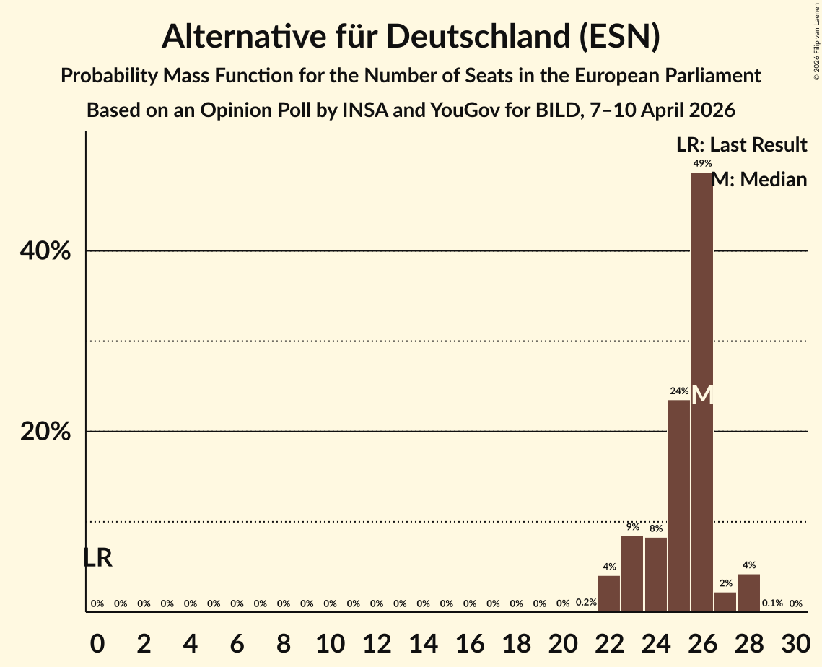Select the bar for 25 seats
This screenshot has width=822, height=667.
click(x=679, y=505)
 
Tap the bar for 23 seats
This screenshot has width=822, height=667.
click(x=632, y=574)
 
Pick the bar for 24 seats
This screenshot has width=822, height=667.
click(x=655, y=575)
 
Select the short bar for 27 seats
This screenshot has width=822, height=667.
click(x=725, y=602)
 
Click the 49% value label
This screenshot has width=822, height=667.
click(x=702, y=164)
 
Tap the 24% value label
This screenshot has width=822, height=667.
click(x=679, y=391)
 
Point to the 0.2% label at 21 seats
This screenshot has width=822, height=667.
click(x=586, y=603)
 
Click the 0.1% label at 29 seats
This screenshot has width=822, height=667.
click(x=772, y=603)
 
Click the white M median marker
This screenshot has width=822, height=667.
click(x=702, y=395)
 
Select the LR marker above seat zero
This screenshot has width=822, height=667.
click(x=97, y=558)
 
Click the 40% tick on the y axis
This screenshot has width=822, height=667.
click(x=45, y=251)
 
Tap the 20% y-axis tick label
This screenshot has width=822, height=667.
click(x=45, y=432)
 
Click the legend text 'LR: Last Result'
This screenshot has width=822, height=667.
click(x=741, y=145)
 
